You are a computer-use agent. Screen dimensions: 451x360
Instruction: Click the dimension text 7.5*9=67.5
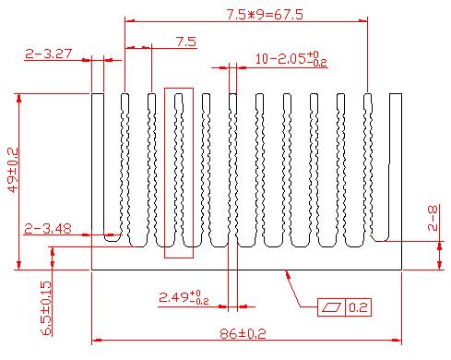[x=265, y=15]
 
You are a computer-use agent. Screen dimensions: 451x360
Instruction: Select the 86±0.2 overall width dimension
[x=243, y=333]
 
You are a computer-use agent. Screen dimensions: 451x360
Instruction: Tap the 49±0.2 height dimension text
[x=13, y=170]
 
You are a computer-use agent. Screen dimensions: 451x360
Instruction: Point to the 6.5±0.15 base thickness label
[x=46, y=307]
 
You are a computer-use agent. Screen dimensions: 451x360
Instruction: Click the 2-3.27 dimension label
[x=48, y=54]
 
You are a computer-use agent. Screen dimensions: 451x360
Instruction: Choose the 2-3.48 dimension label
[x=48, y=229]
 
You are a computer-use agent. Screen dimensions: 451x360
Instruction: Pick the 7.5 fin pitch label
[x=186, y=42]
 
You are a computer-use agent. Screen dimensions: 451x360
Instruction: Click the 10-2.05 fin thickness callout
[x=291, y=58]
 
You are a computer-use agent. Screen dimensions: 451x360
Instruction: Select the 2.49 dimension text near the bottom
[x=184, y=297]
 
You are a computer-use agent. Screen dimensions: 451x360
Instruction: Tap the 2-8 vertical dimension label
[x=433, y=218]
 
